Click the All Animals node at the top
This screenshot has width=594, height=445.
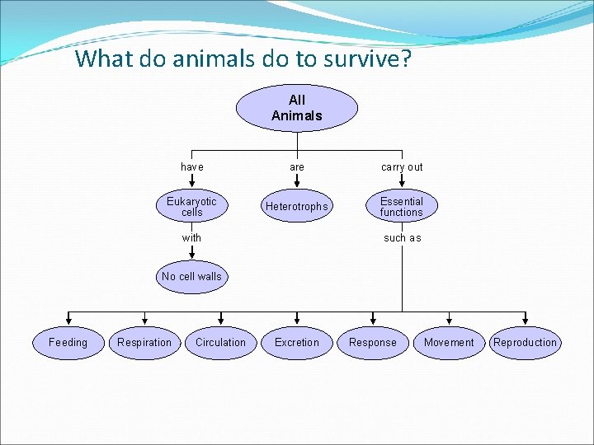tap(297, 108)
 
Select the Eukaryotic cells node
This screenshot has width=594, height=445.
tap(191, 207)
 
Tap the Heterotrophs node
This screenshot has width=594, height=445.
tap(297, 207)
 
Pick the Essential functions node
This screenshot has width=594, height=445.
tap(402, 207)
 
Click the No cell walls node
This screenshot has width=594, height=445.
tap(191, 277)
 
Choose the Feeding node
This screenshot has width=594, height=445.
tap(68, 343)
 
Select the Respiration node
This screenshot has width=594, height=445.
tap(144, 343)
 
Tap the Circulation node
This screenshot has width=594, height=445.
tap(220, 343)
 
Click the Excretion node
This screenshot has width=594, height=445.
tap(297, 343)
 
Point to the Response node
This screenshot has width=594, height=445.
tap(373, 343)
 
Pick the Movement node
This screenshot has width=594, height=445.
tap(449, 343)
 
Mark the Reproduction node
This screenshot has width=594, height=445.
tap(525, 343)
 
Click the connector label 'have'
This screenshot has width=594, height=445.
tap(191, 167)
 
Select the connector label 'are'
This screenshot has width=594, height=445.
tap(297, 167)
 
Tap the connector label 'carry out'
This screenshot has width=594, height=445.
tap(402, 167)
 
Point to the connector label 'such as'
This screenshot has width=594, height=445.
tap(402, 238)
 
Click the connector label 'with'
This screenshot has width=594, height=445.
tap(191, 238)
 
